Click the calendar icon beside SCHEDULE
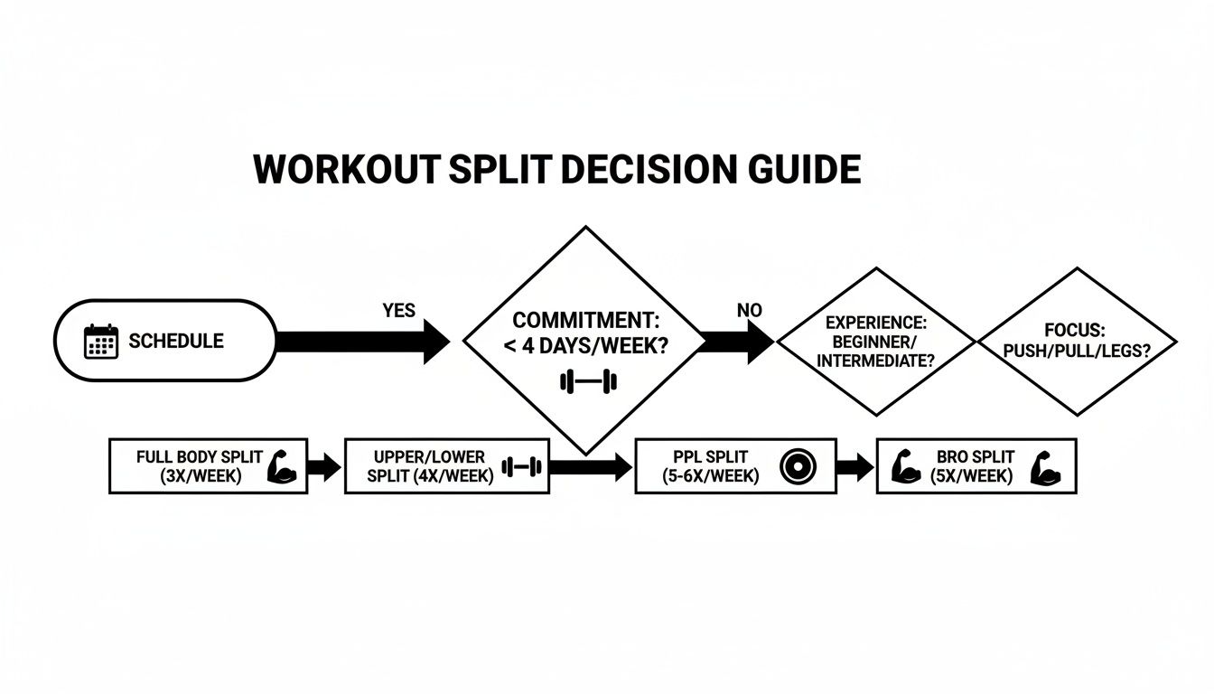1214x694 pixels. pos(101,342)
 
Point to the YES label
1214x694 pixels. pos(399,311)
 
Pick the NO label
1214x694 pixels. pos(750,310)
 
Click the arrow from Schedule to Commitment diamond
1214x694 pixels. pos(361,342)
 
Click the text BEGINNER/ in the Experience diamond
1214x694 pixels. pos(875,342)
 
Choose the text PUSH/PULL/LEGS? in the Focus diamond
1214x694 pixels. pos(1077,350)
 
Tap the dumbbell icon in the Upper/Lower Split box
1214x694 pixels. pos(521,467)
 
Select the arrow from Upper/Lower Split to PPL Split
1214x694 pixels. pos(591,467)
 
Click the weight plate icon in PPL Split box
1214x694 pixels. pos(796,466)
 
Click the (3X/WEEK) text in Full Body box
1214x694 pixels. pos(191,476)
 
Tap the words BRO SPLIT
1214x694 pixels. pos(976,457)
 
